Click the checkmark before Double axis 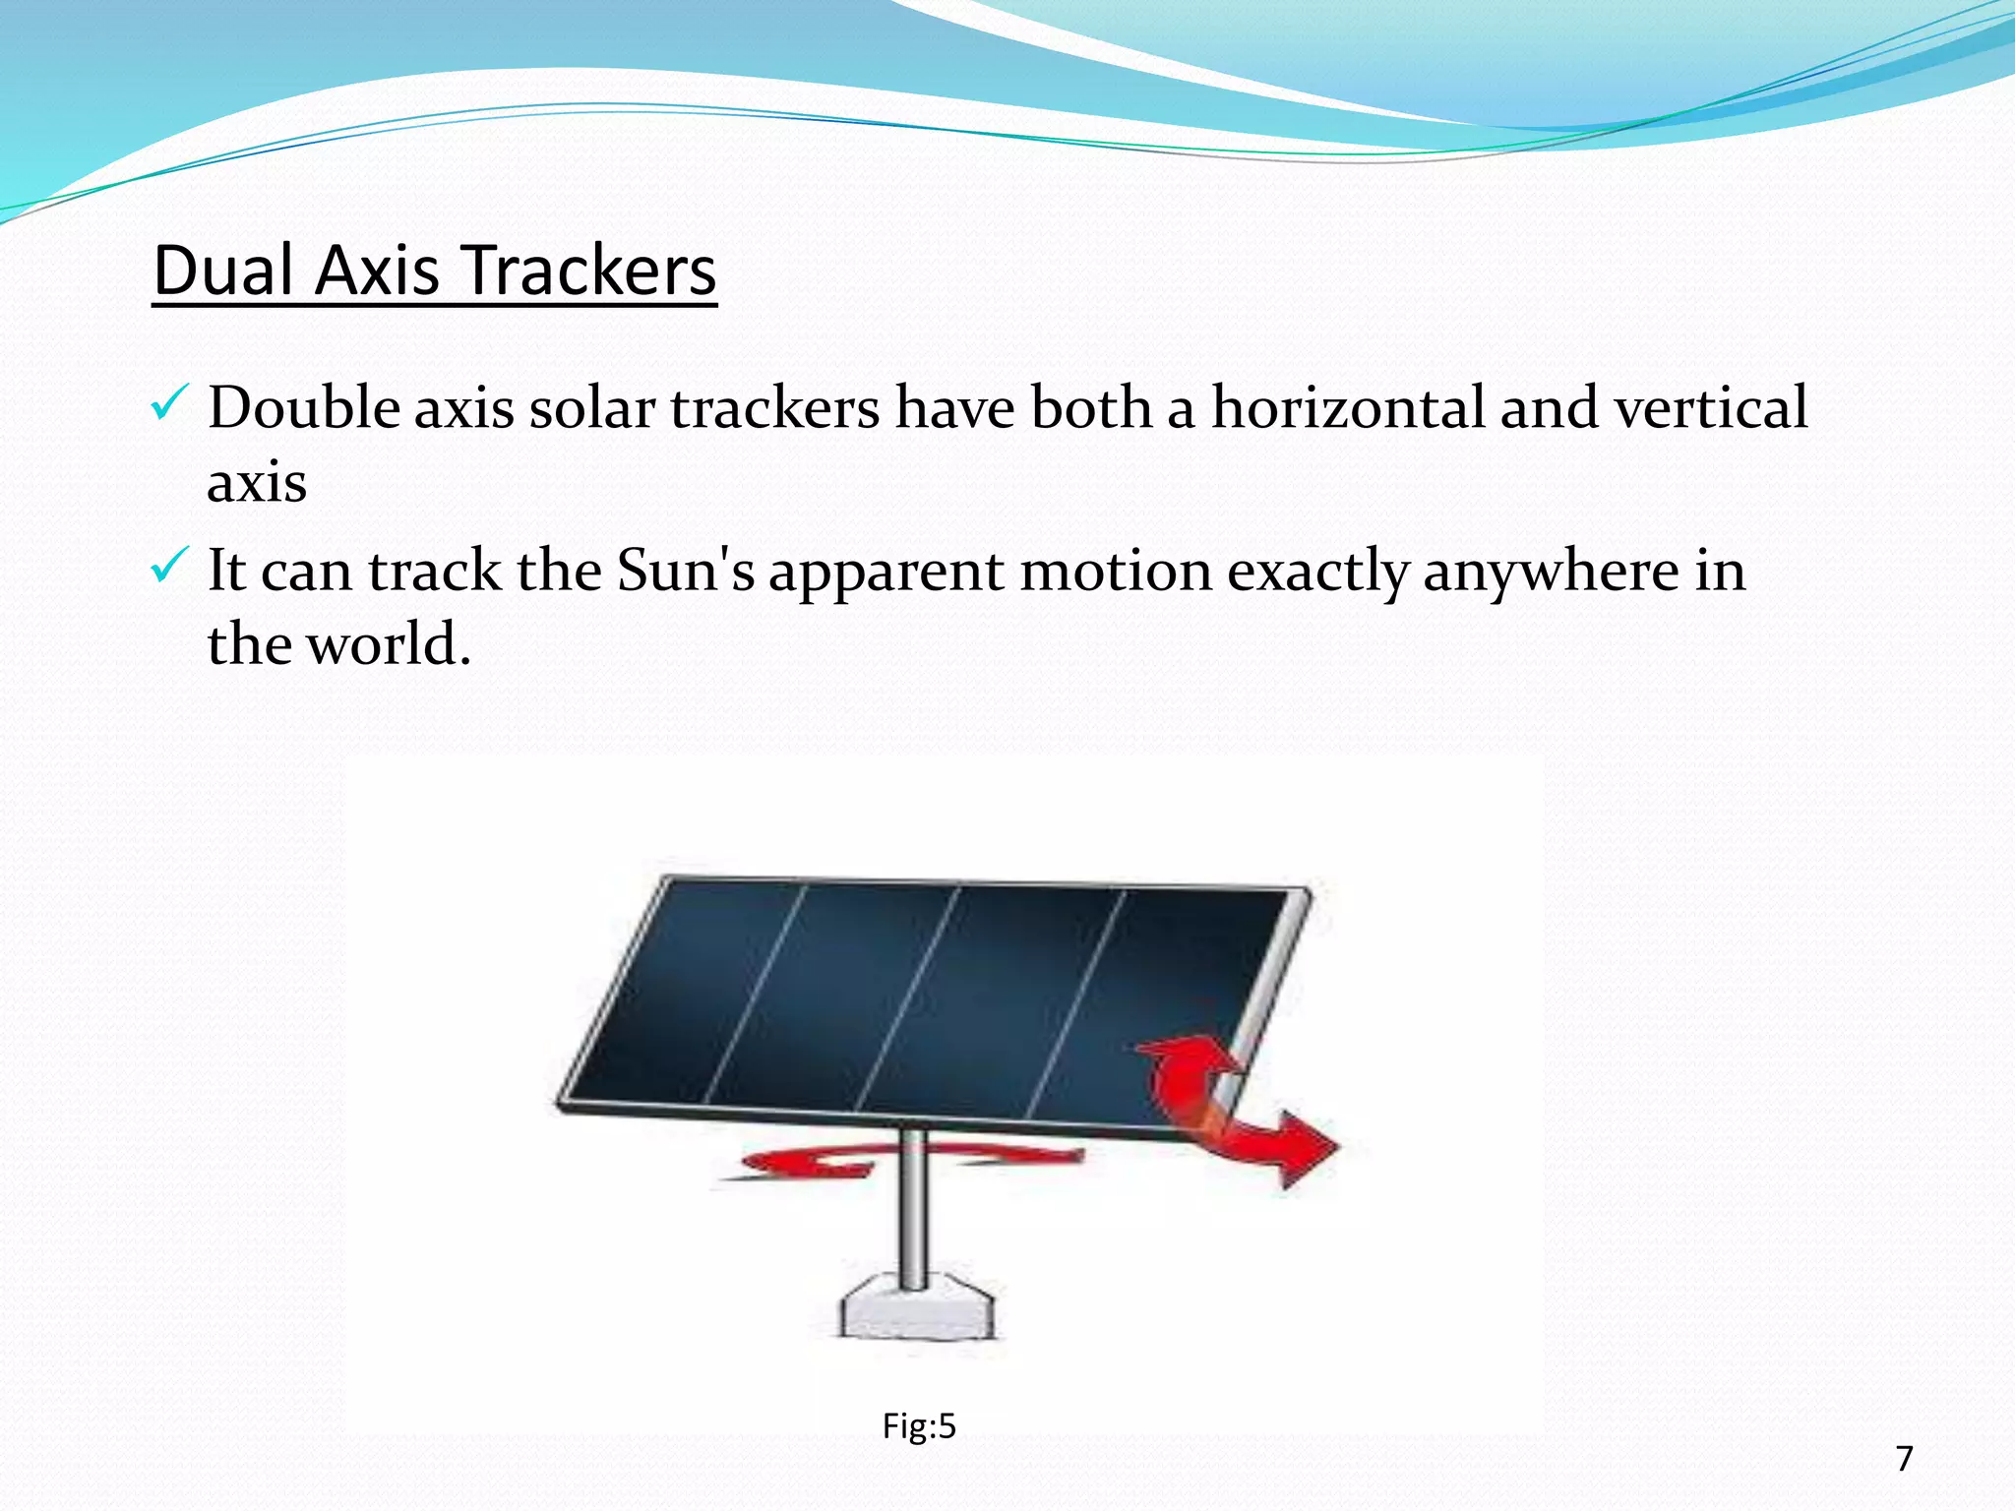point(167,404)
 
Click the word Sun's point(685,570)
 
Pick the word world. point(388,644)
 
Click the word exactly point(1316,572)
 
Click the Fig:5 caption point(918,1425)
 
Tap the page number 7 point(1904,1458)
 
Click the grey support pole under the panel point(913,1215)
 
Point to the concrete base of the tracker point(916,1308)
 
